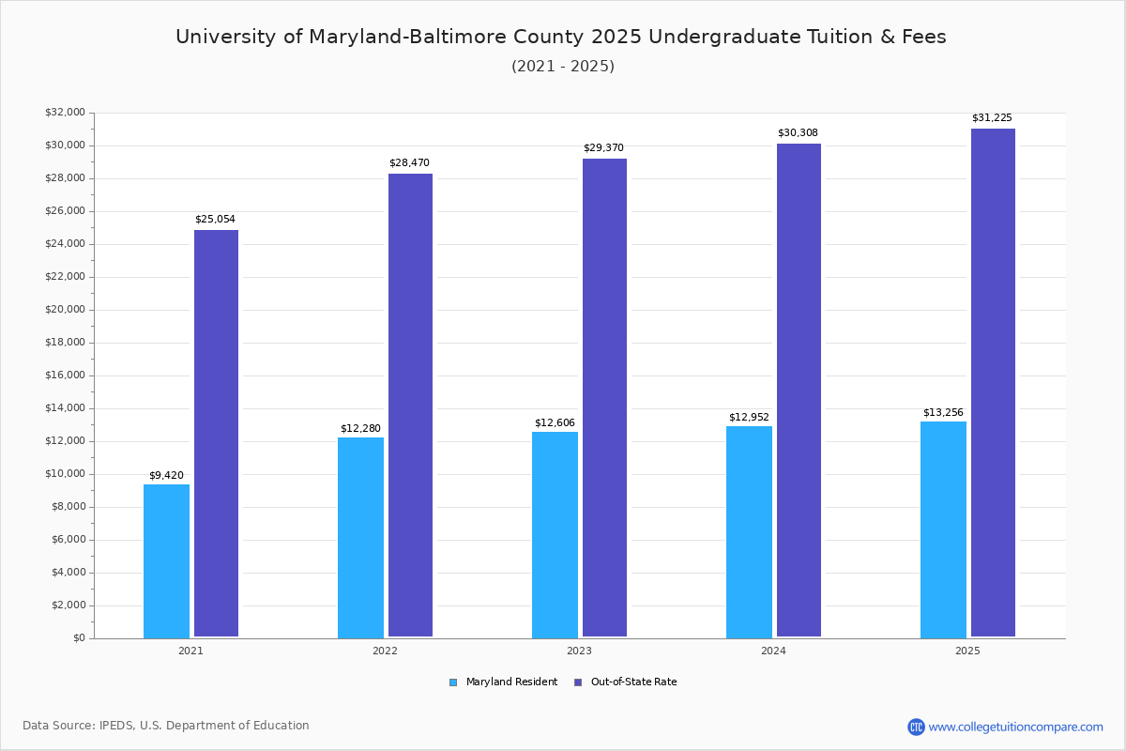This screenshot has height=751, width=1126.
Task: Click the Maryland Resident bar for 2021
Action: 166,560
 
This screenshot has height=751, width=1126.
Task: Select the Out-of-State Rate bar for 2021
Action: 216,433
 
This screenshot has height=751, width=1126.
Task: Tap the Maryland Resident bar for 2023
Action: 555,534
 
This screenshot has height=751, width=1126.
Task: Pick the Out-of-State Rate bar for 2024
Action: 799,390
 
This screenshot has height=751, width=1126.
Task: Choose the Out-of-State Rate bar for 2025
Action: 993,382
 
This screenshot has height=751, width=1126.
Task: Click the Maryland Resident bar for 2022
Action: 360,537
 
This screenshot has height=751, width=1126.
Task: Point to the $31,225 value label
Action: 992,118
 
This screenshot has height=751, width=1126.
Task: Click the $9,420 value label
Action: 166,476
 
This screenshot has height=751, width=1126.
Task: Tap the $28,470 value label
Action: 409,163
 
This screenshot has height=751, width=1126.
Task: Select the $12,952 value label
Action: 749,418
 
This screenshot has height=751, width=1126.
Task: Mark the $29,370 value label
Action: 603,148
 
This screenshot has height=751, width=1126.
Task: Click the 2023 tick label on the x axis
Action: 579,651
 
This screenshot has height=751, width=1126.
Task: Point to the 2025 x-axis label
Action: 967,651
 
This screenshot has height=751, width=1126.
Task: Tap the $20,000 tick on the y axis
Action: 65,310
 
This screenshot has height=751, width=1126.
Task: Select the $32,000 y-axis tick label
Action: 65,113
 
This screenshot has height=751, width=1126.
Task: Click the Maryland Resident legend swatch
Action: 453,682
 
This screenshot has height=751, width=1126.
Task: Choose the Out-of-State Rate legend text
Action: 633,682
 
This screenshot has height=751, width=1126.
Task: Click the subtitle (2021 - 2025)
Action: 563,67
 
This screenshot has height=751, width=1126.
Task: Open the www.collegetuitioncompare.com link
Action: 1015,727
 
